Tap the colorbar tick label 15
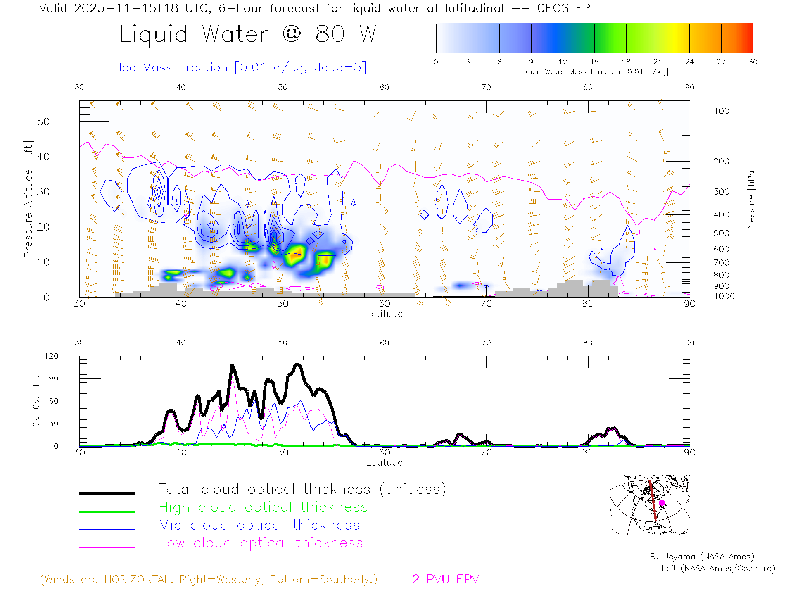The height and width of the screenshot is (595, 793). point(594,62)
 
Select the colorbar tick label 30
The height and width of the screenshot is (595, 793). point(753,62)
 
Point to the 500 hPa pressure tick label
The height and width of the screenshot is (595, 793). point(721,233)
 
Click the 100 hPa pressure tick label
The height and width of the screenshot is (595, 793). point(721,111)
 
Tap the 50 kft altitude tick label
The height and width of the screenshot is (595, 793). point(43,121)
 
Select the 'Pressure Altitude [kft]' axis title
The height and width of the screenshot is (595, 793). point(28,199)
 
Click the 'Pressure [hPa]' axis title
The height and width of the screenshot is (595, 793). point(751,199)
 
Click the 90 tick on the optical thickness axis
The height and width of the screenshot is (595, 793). point(54,378)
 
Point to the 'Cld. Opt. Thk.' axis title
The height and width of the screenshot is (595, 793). point(36,401)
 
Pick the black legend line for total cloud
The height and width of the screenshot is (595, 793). point(107,493)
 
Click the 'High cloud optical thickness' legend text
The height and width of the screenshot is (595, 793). point(263,507)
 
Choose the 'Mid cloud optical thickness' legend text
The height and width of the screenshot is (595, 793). point(259,525)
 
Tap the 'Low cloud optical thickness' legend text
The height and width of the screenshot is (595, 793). point(261,543)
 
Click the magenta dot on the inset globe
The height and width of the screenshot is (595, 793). point(662,503)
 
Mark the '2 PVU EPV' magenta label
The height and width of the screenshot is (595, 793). point(445,579)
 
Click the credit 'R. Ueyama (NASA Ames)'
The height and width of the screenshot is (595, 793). point(702,557)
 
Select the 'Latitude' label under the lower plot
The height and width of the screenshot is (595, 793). point(384,462)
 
